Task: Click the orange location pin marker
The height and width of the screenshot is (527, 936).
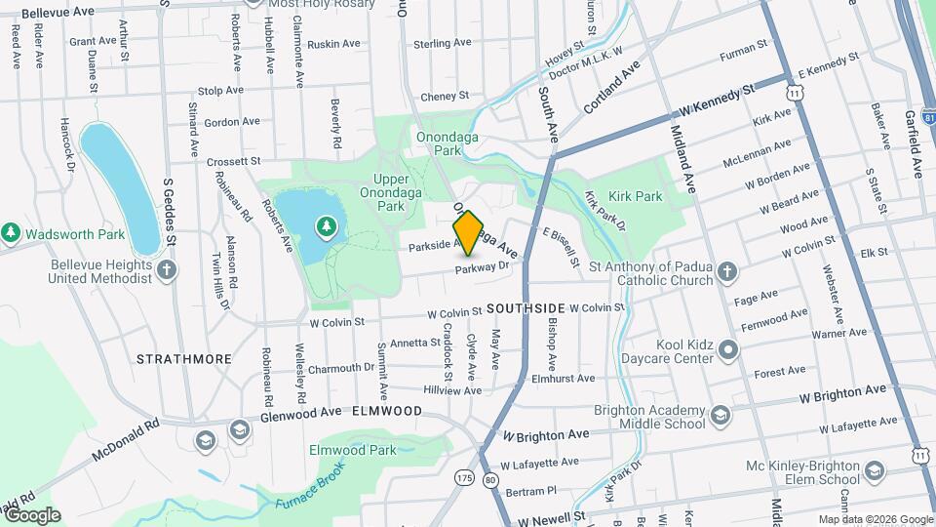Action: pos(468,232)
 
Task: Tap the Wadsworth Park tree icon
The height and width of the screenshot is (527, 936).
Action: pos(11,233)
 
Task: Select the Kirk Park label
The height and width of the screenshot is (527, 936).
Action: pos(636,196)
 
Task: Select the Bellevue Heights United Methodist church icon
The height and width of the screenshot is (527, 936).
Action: pos(167,270)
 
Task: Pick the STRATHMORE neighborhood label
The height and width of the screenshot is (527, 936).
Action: pos(184,359)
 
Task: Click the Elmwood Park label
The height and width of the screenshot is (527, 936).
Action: pos(352,450)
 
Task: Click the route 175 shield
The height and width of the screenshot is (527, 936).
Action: pos(464,478)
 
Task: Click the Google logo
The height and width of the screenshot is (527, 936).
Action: pos(32,515)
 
